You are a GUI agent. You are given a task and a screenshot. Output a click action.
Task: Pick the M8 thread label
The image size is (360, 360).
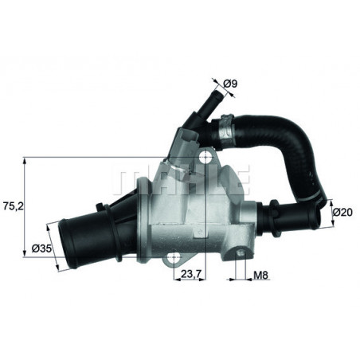[260, 277]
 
